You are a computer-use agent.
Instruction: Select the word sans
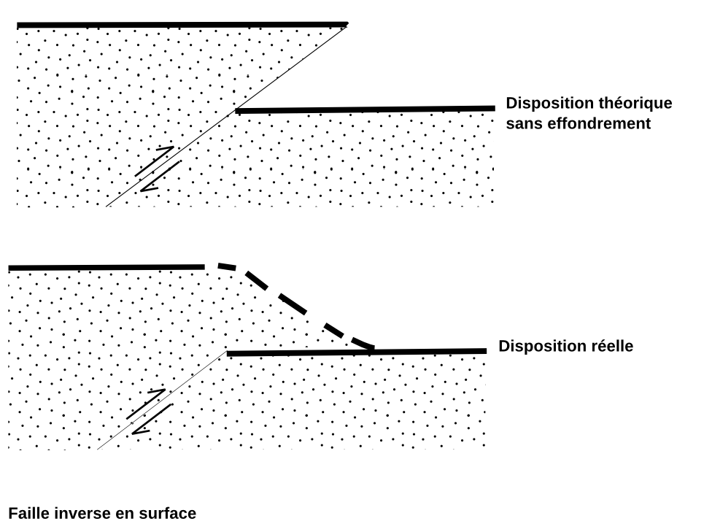[521, 124]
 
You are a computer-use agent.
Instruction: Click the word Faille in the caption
[28, 514]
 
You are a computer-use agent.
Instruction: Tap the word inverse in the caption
[80, 514]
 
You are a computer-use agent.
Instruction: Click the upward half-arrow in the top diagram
[155, 160]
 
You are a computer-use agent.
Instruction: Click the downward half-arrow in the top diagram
[160, 177]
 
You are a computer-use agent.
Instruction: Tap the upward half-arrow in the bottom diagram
[146, 403]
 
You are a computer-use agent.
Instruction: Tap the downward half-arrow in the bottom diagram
[152, 420]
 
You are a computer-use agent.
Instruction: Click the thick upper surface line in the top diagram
[182, 25]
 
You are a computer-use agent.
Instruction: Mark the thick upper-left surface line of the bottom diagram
[106, 268]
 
